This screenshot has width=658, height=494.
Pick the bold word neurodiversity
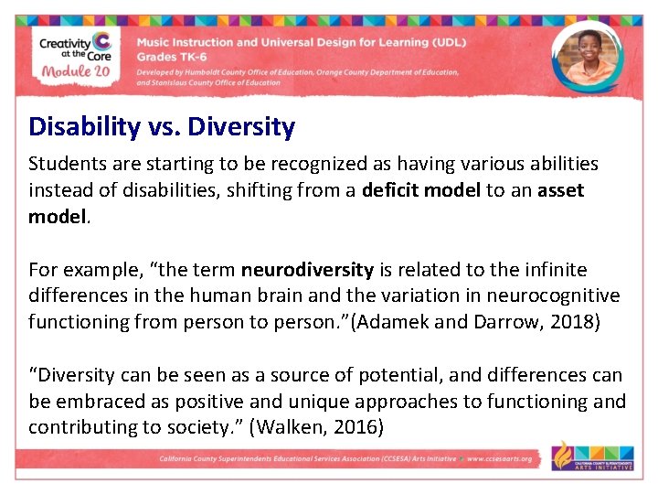(307, 270)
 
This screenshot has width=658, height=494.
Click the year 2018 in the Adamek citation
(572, 322)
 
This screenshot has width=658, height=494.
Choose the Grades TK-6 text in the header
(170, 56)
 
